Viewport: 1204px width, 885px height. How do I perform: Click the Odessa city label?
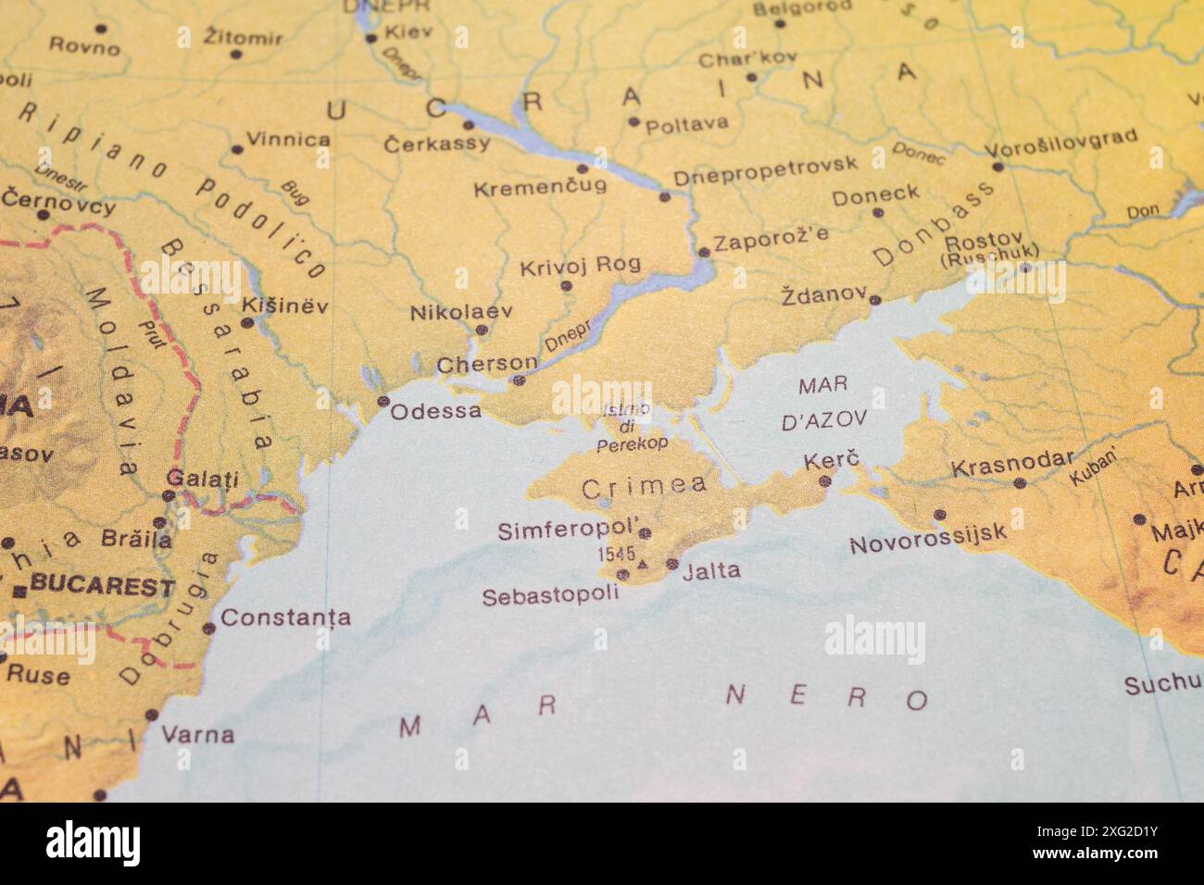pyautogui.click(x=435, y=410)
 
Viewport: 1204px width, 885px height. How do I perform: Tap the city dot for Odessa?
pyautogui.click(x=383, y=401)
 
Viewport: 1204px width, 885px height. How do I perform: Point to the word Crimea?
pyautogui.click(x=644, y=485)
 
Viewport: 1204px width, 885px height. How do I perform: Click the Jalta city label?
pyautogui.click(x=711, y=571)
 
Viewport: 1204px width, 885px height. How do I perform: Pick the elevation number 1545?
pyautogui.click(x=617, y=555)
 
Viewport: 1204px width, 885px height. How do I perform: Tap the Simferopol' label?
pyautogui.click(x=568, y=531)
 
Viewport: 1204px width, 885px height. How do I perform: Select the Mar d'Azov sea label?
pyautogui.click(x=823, y=402)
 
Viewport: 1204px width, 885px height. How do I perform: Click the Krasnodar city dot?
pyautogui.click(x=1020, y=482)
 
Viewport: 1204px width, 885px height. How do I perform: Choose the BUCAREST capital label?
pyautogui.click(x=102, y=586)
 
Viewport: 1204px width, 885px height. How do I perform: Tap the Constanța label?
pyautogui.click(x=285, y=617)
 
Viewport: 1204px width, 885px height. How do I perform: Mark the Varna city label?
pyautogui.click(x=197, y=736)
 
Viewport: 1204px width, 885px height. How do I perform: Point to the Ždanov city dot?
pyautogui.click(x=874, y=300)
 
